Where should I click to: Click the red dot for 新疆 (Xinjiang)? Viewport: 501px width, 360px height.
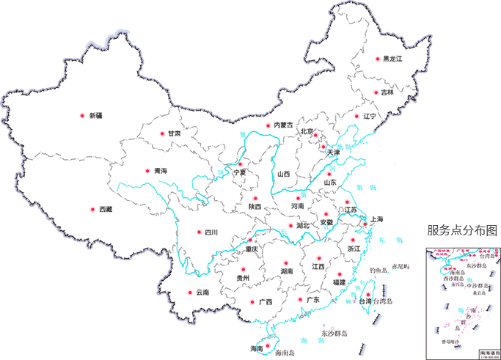(82, 115)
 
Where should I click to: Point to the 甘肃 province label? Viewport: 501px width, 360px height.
(174, 134)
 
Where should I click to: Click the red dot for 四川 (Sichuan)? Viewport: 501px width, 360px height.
(199, 232)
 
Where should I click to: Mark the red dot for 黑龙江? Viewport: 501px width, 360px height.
(378, 59)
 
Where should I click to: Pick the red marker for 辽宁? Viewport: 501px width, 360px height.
(357, 116)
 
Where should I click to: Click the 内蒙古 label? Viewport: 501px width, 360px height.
(283, 125)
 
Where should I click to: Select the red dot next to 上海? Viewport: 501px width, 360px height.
(365, 224)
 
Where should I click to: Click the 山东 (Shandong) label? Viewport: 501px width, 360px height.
(332, 183)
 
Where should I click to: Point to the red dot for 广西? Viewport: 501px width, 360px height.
(252, 301)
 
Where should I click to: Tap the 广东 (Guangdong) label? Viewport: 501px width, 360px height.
(312, 299)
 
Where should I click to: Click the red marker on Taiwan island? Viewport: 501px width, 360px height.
(366, 296)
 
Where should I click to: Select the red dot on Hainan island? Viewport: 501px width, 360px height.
(267, 345)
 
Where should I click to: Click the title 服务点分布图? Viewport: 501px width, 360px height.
(462, 230)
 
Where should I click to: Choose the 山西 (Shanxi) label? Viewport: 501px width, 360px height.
(285, 174)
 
